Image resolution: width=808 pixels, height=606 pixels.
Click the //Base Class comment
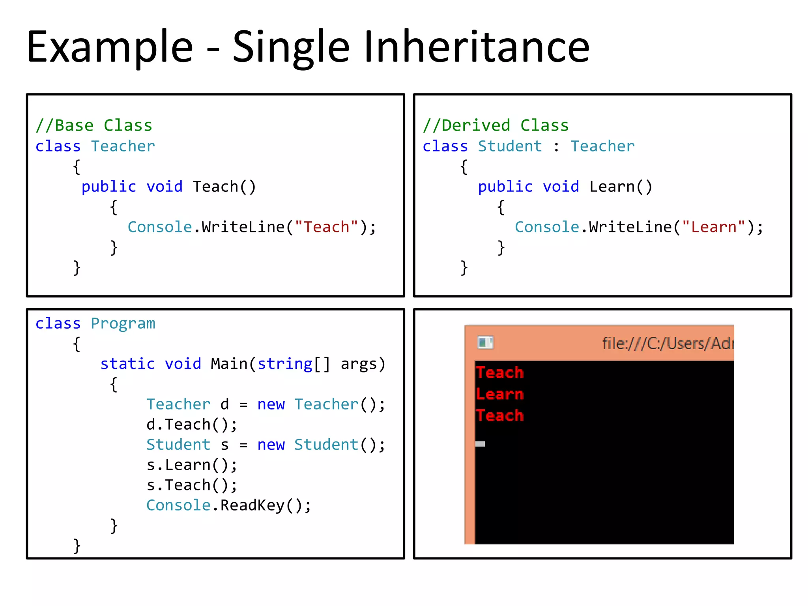[94, 125]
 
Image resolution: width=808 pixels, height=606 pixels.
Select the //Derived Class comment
[496, 125]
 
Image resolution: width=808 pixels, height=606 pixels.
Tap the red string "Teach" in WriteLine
[326, 227]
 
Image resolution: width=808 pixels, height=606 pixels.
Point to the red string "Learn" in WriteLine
[714, 227]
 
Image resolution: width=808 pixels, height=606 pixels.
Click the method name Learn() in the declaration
[621, 187]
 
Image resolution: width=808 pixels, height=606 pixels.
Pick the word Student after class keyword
[510, 146]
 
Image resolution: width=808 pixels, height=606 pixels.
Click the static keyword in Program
[127, 364]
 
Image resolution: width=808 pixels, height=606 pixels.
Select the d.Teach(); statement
[192, 425]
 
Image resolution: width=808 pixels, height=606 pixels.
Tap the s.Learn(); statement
[192, 465]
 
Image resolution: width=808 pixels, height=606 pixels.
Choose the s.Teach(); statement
[192, 485]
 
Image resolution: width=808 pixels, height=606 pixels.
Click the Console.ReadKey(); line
[228, 505]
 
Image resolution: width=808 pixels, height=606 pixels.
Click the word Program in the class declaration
[123, 324]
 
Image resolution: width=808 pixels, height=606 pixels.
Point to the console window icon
[485, 342]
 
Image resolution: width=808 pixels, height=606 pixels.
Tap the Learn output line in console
[500, 394]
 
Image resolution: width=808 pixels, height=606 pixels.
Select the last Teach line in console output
[500, 415]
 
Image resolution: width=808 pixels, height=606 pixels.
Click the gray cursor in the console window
[480, 444]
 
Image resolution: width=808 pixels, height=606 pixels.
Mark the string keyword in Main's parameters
[285, 364]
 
